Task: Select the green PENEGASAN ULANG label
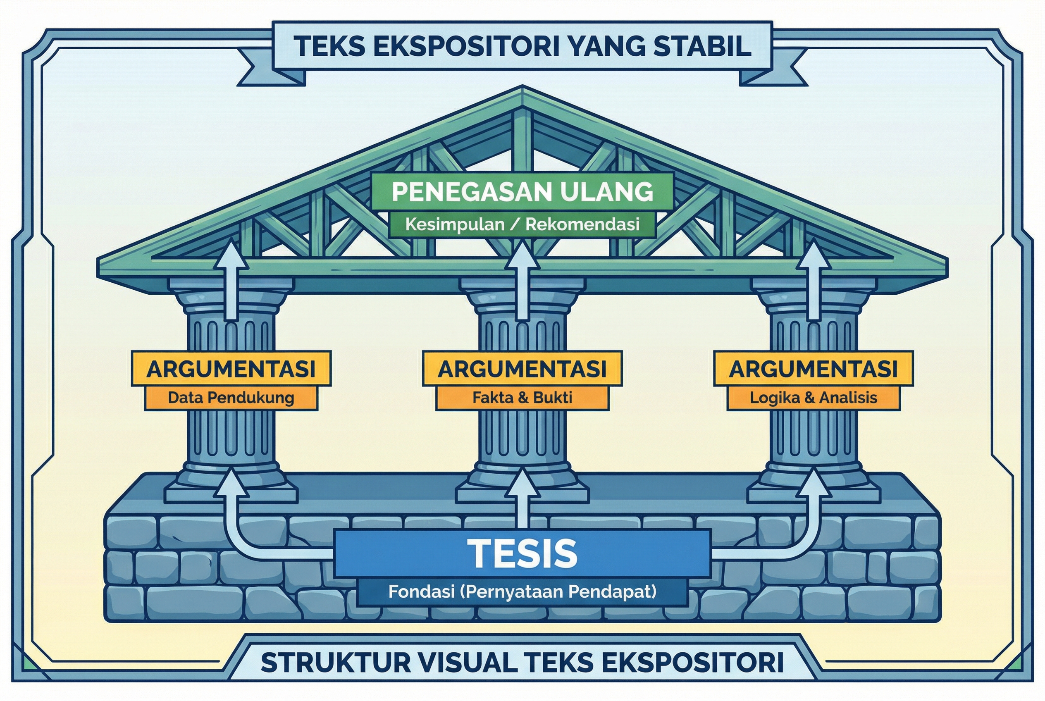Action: point(522,191)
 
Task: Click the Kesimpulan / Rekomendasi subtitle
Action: point(522,224)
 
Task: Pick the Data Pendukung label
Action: point(231,398)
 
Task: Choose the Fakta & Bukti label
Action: point(522,398)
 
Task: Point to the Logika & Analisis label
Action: point(814,398)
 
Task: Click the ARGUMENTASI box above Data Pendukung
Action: point(231,369)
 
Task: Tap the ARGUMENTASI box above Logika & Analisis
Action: point(814,369)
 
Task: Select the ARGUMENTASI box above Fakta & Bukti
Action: point(522,369)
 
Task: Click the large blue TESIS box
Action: point(522,553)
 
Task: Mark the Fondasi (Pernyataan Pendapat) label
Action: point(522,591)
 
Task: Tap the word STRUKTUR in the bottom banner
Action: point(335,662)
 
